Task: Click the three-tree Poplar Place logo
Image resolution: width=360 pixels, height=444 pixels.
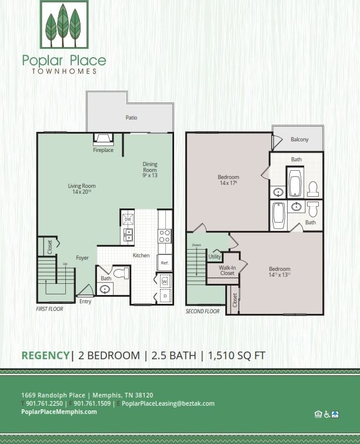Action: tap(64, 25)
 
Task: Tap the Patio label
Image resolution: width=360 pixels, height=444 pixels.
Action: tap(131, 118)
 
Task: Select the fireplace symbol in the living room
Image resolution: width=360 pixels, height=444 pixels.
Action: tap(104, 140)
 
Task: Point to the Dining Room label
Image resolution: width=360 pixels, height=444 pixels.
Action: tap(150, 170)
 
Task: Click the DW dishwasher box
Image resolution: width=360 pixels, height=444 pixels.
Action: tap(128, 219)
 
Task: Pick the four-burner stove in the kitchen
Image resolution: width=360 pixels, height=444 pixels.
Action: tap(165, 236)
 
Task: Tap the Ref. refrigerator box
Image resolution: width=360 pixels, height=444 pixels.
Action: tap(165, 263)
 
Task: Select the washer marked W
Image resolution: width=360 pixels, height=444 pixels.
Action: tap(165, 281)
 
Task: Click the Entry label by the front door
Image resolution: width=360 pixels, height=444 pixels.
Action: tap(85, 301)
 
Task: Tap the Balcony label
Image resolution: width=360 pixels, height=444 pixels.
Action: tap(299, 140)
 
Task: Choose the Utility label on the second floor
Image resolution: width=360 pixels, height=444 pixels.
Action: tap(214, 257)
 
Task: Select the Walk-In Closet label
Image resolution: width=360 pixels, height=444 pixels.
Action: tap(227, 270)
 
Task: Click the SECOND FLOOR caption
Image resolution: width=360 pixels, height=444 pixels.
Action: tap(203, 311)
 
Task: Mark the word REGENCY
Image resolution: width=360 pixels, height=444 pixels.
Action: tap(45, 355)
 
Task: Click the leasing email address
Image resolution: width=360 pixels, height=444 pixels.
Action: tap(168, 403)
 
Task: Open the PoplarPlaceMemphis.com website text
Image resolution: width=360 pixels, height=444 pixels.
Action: tap(59, 412)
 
